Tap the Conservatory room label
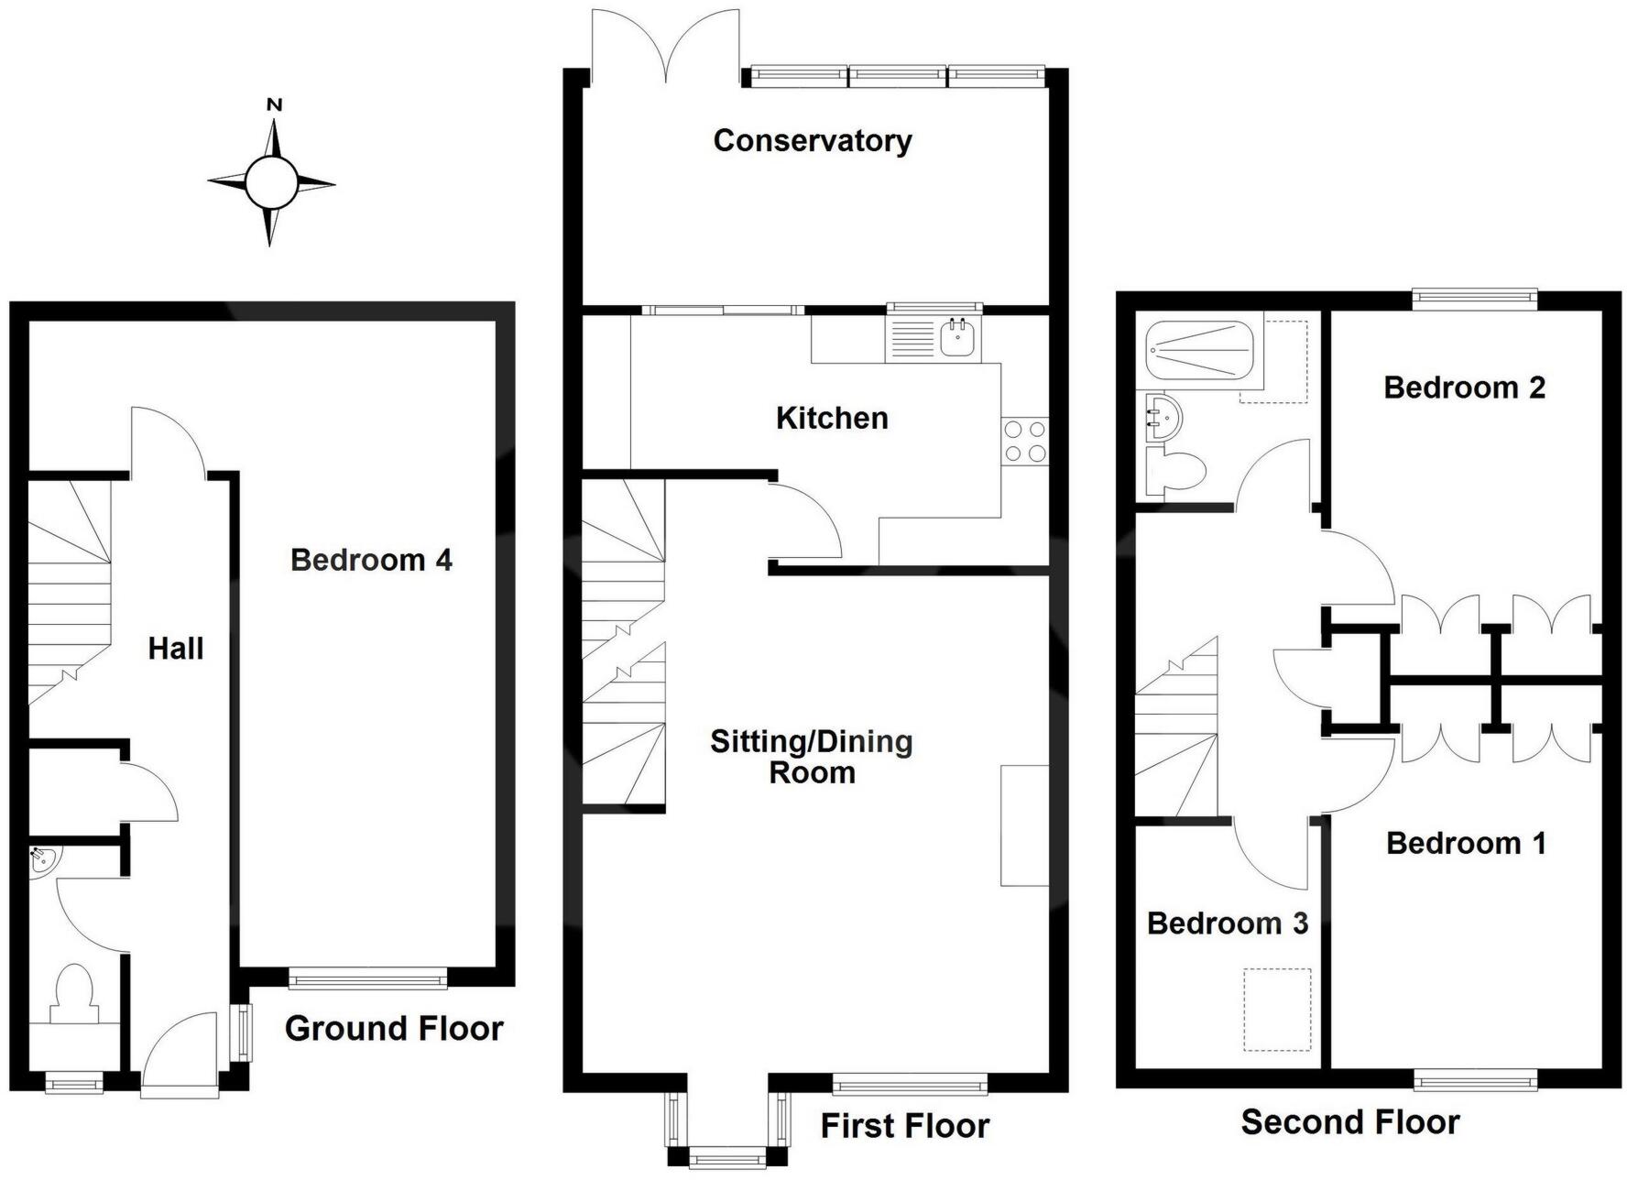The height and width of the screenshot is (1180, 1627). point(813,140)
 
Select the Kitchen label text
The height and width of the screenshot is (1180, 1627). point(832,418)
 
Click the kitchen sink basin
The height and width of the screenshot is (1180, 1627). point(958,338)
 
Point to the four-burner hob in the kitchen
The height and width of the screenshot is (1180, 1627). point(1025,441)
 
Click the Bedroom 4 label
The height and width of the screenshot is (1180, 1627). point(371,560)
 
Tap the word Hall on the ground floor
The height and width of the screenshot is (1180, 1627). point(176,649)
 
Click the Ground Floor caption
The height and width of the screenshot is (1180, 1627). point(394,1029)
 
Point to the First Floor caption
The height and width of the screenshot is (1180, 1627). point(905,1126)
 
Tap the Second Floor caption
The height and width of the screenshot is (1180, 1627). point(1350,1122)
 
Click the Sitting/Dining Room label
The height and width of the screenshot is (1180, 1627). point(812,757)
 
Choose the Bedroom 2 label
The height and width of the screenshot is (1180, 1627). point(1464,388)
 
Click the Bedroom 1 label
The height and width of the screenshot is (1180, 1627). point(1466,843)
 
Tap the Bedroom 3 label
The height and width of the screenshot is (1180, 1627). point(1227,923)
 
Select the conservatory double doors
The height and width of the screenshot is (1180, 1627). point(666,46)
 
